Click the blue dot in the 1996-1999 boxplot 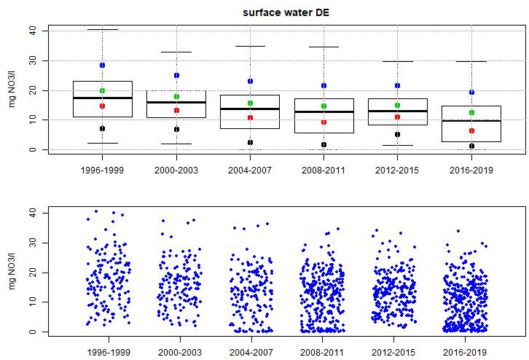(103, 65)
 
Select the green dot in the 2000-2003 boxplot (176, 96)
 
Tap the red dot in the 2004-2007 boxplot (250, 117)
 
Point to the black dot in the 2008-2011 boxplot (324, 144)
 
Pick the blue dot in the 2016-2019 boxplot (471, 93)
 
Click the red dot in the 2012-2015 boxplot (397, 117)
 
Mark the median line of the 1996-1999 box (103, 98)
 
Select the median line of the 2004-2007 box (250, 109)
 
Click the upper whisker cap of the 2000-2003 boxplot (176, 52)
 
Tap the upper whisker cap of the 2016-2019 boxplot (471, 61)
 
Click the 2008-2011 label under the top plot (324, 171)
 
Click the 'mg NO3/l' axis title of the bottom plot (12, 272)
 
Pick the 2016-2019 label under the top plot (471, 171)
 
